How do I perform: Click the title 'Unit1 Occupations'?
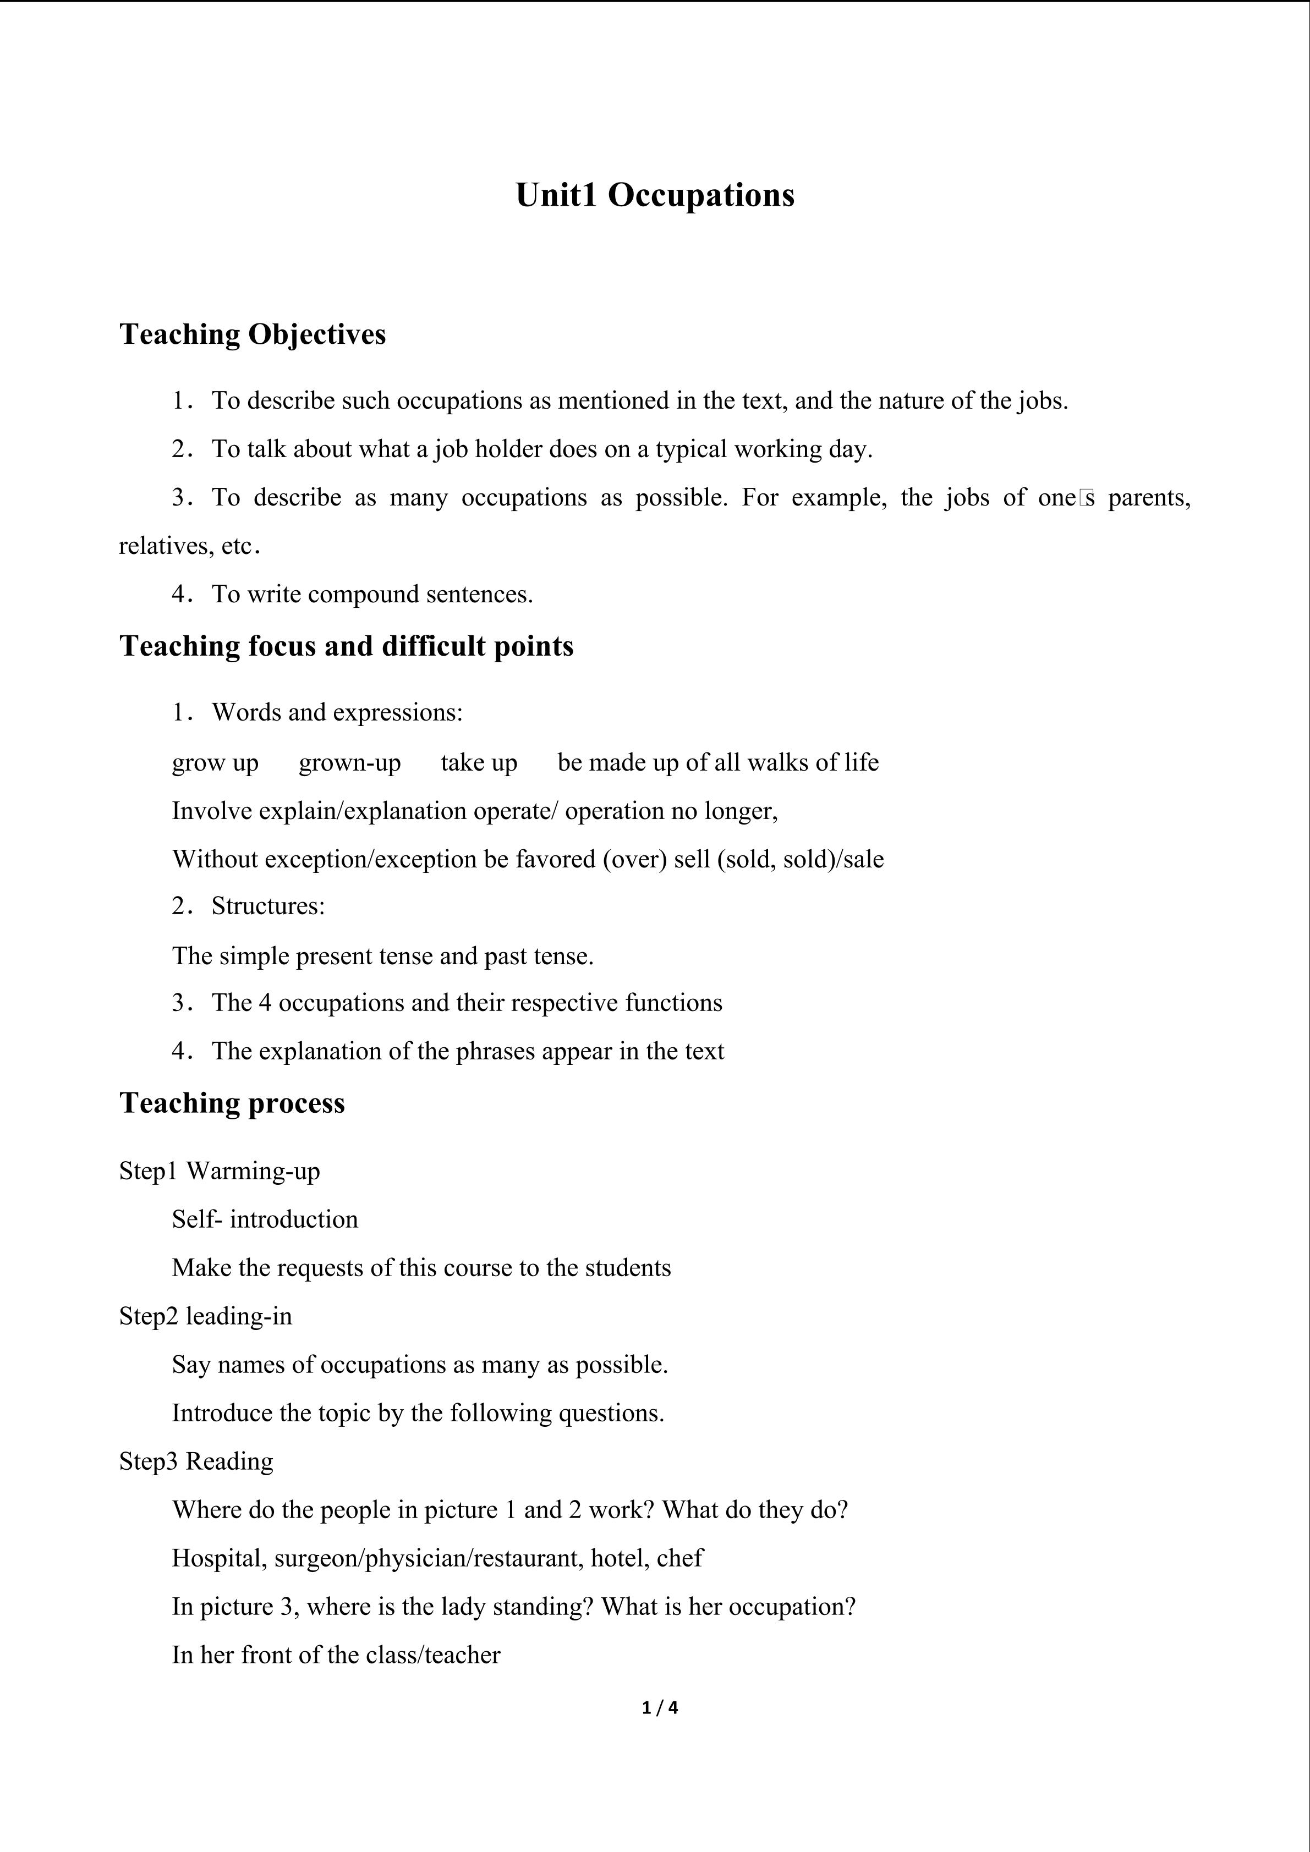pyautogui.click(x=654, y=195)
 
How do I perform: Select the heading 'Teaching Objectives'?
pyautogui.click(x=253, y=334)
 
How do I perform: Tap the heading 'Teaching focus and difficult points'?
pyautogui.click(x=346, y=646)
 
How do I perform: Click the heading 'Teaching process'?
pyautogui.click(x=232, y=1103)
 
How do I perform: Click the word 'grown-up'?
pyautogui.click(x=349, y=762)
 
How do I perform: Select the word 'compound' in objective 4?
pyautogui.click(x=363, y=595)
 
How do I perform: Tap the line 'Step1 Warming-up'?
pyautogui.click(x=220, y=1170)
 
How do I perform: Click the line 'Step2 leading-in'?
pyautogui.click(x=206, y=1316)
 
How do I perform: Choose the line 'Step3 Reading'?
pyautogui.click(x=196, y=1461)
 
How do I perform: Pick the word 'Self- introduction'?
pyautogui.click(x=265, y=1219)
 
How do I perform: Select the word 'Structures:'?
pyautogui.click(x=268, y=906)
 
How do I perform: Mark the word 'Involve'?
pyautogui.click(x=212, y=811)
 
